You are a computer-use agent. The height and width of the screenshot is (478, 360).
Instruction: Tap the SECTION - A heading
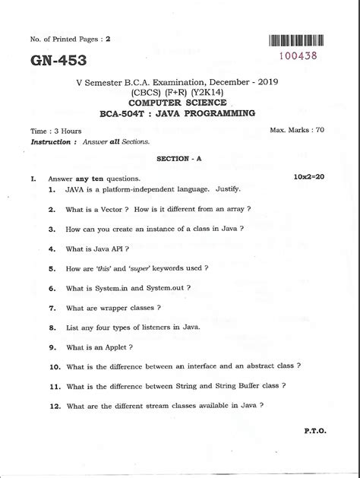(x=178, y=160)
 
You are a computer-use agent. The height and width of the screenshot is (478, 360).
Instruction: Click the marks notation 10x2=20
(x=308, y=176)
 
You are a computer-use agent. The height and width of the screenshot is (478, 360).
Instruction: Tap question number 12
(x=53, y=406)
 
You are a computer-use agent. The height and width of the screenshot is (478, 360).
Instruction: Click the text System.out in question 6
(x=166, y=287)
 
